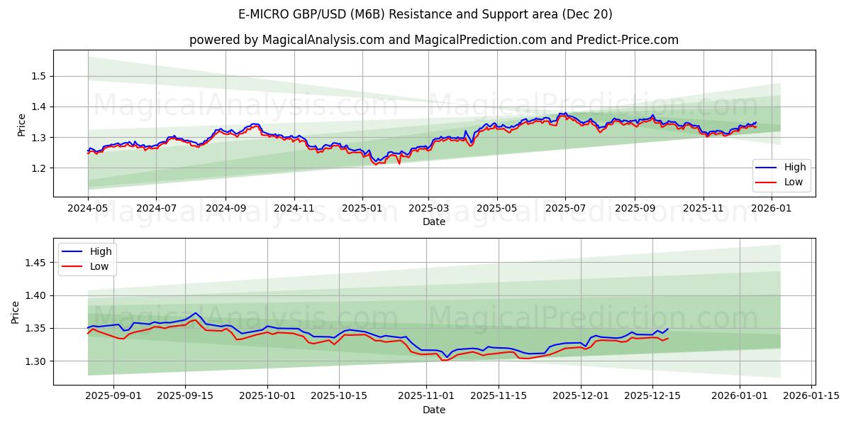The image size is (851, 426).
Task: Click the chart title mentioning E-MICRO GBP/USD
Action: click(425, 14)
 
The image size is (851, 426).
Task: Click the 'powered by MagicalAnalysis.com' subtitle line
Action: click(433, 40)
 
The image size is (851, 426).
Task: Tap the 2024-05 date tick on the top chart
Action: click(88, 209)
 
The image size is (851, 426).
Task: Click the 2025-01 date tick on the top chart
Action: click(362, 209)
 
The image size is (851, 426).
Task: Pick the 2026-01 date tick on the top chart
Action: click(771, 209)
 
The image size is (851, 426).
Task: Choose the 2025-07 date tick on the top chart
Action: click(565, 209)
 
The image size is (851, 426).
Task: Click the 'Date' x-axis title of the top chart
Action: click(433, 222)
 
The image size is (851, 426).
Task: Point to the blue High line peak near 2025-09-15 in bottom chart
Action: click(196, 313)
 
